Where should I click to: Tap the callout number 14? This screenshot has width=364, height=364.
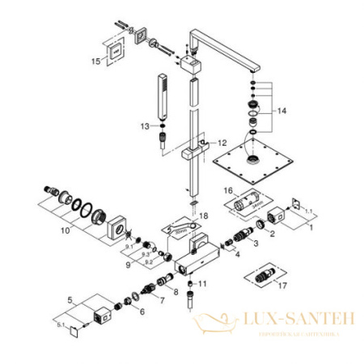click(281, 110)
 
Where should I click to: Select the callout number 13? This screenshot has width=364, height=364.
click(144, 126)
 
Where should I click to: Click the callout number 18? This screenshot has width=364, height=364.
click(204, 215)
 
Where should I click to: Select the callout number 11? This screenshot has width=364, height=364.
click(203, 285)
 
